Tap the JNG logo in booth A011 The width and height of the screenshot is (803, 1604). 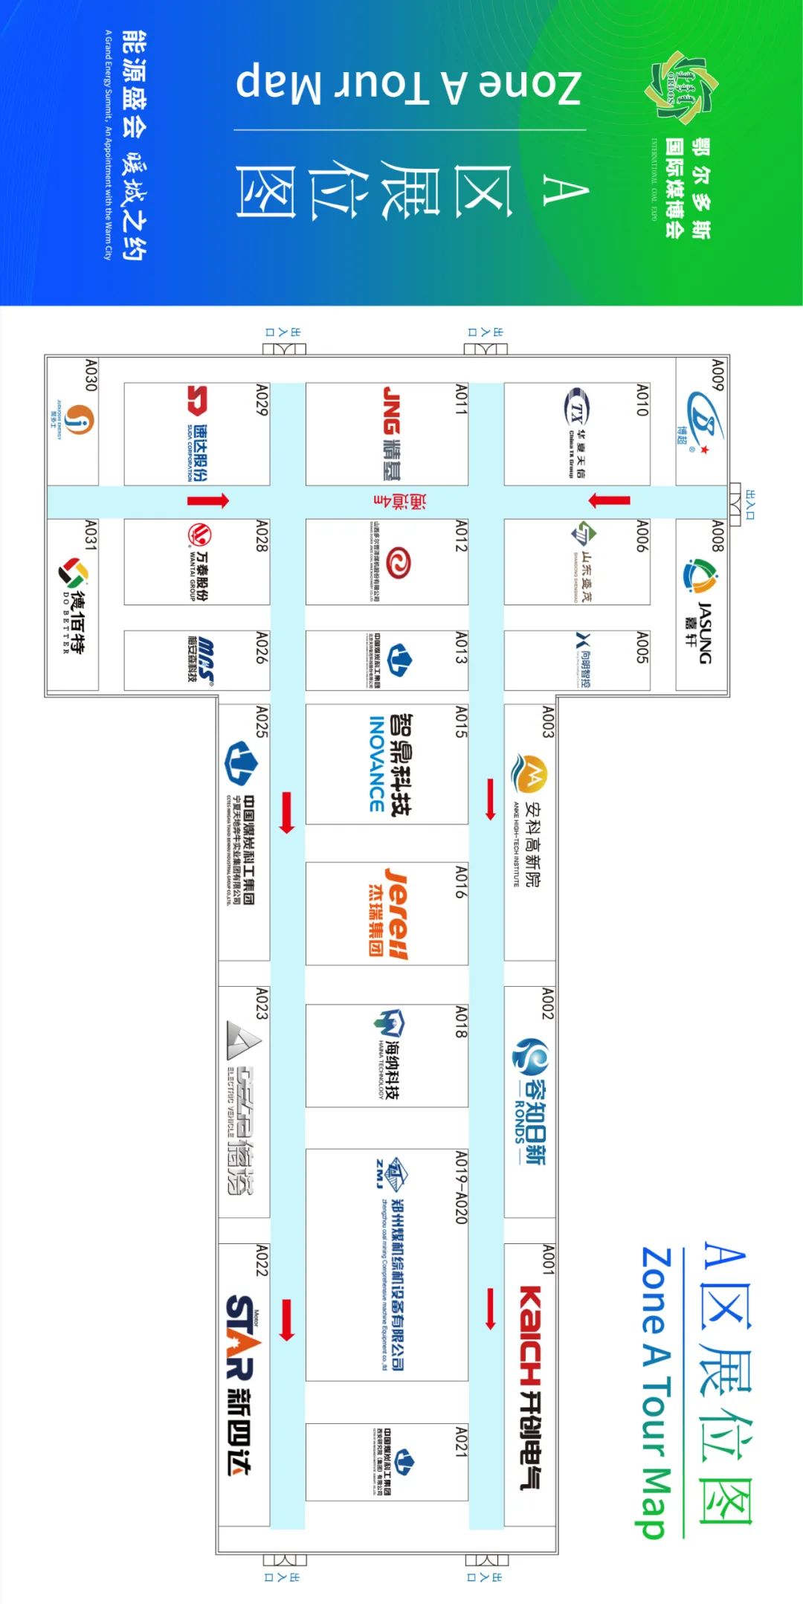(392, 410)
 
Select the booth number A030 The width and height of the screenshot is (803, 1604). (90, 376)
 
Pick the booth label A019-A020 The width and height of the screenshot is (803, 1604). (461, 1188)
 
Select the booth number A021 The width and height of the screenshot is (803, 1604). (461, 1442)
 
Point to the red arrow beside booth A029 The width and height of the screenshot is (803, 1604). (207, 500)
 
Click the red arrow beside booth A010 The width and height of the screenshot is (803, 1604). (609, 500)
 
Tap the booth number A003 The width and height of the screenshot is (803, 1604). (548, 722)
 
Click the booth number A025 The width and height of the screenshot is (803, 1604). (261, 722)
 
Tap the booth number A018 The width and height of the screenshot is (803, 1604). (461, 1022)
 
